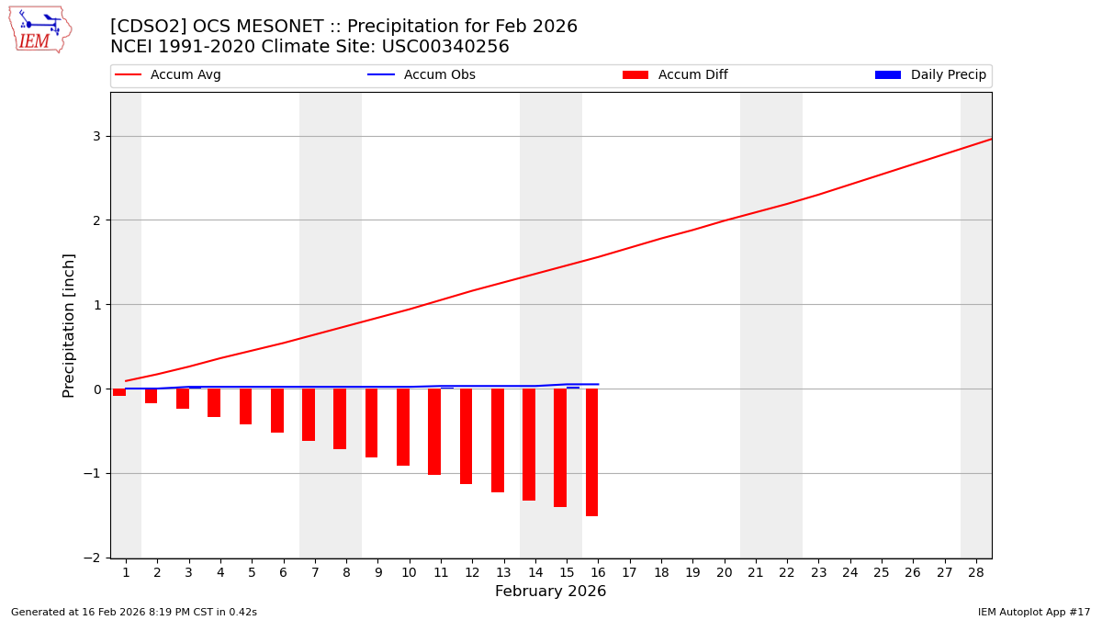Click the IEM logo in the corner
pos(39,29)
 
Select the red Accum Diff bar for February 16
pos(592,452)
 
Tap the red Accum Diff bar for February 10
pos(403,427)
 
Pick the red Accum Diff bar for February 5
pos(245,406)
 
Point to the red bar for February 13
pos(498,440)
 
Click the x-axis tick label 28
pos(976,572)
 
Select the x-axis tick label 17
pos(629,572)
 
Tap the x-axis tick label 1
pos(126,572)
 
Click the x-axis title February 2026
pos(550,592)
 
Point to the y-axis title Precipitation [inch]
pos(69,325)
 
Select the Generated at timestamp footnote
pos(134,612)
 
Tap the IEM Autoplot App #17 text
pos(1033,612)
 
